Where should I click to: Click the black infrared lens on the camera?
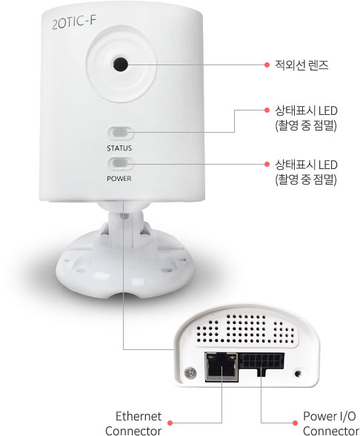click(121, 65)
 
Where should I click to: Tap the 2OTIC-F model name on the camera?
click(74, 22)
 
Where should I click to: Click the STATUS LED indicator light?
click(120, 133)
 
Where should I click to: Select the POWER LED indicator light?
click(120, 163)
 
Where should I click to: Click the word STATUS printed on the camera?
click(119, 148)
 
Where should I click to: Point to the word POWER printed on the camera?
click(119, 179)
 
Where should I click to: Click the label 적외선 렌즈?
click(301, 65)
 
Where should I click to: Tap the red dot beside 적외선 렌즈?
click(267, 65)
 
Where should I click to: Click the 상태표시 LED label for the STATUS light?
click(306, 118)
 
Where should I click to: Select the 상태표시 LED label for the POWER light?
click(306, 172)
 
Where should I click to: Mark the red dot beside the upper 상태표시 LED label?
click(267, 110)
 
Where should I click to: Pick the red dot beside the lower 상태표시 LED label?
click(267, 164)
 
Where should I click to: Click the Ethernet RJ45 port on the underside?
click(221, 366)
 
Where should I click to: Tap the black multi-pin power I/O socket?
click(261, 363)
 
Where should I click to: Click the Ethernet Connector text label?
click(133, 423)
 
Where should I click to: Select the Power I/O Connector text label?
click(330, 423)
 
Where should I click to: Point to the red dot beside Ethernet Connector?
click(170, 423)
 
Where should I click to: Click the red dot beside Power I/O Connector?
click(295, 423)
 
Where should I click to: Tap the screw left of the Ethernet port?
click(191, 372)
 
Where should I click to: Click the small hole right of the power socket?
click(299, 373)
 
